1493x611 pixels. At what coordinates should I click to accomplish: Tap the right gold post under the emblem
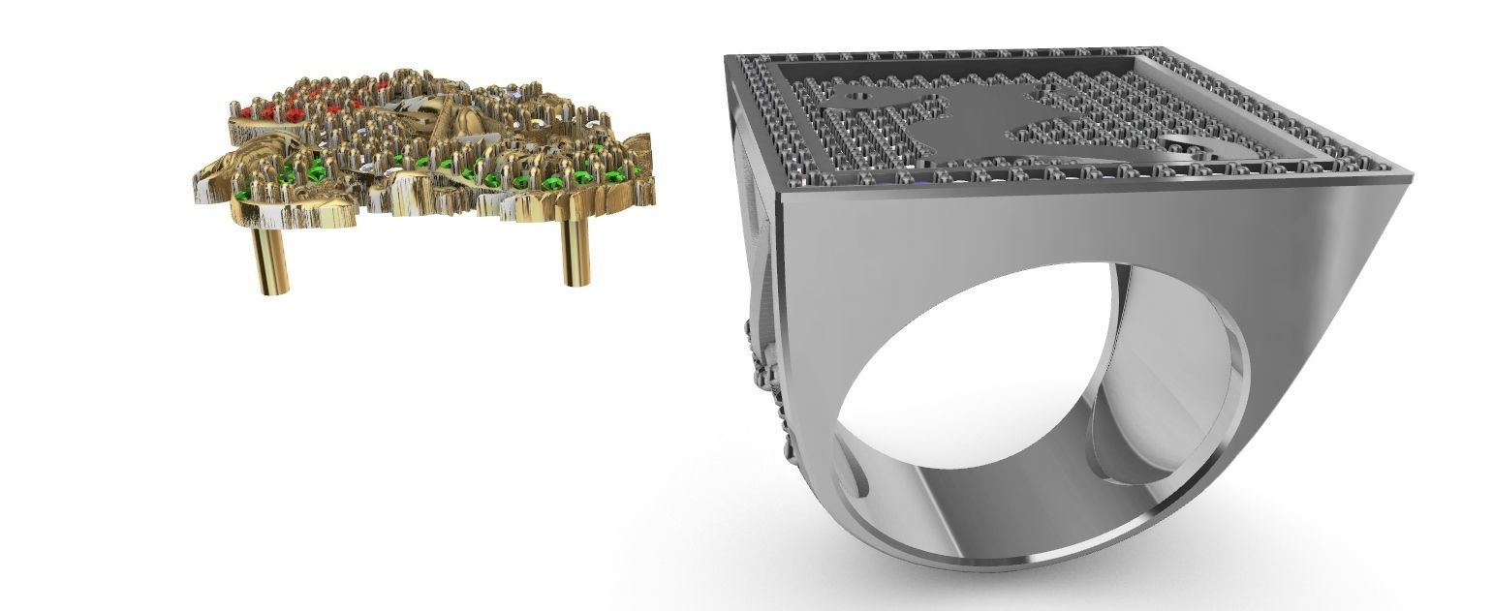click(575, 250)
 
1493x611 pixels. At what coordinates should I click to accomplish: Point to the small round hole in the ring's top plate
click(856, 96)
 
